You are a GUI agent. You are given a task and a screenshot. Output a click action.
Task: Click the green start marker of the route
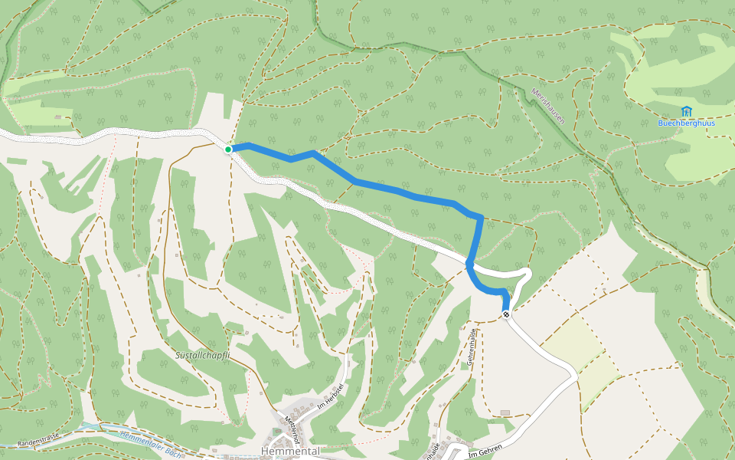(228, 149)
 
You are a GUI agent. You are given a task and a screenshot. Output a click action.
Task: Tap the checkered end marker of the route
(506, 313)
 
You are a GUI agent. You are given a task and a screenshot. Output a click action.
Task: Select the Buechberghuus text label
(686, 123)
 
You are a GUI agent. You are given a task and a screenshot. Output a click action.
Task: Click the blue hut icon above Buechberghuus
(686, 112)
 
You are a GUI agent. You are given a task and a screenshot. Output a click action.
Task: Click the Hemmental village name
(290, 451)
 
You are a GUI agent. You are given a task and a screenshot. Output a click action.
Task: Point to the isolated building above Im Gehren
(505, 412)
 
